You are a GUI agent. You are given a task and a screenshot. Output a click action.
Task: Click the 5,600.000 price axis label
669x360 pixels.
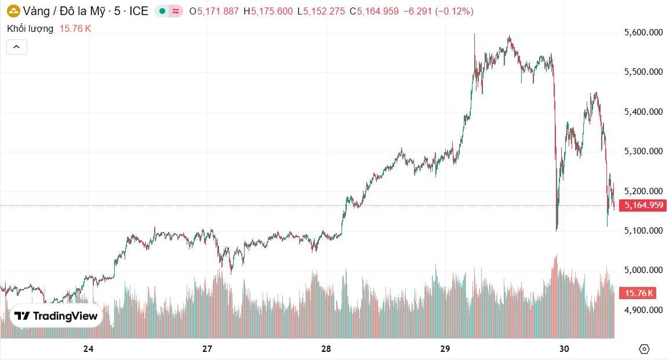(x=643, y=33)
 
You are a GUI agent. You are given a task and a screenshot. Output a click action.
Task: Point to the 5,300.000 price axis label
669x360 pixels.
(x=643, y=151)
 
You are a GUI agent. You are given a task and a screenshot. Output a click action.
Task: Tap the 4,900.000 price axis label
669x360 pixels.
(x=643, y=310)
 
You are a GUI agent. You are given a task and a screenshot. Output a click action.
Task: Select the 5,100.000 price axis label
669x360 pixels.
(x=643, y=231)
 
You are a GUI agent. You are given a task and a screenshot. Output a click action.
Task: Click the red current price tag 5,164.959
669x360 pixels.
(x=643, y=205)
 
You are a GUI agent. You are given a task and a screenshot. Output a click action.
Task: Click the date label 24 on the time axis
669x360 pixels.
(x=88, y=349)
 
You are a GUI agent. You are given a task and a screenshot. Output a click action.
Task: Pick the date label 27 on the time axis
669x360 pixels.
(x=208, y=349)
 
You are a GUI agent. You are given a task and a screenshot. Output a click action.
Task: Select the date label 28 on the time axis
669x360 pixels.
(x=326, y=349)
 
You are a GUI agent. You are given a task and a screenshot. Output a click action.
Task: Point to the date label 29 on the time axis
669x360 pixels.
(x=445, y=349)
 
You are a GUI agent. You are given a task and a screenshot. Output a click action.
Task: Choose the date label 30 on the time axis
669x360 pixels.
(x=563, y=349)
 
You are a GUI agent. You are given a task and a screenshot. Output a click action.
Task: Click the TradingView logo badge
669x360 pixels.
(x=56, y=316)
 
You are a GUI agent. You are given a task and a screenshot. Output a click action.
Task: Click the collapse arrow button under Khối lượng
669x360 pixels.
(x=17, y=47)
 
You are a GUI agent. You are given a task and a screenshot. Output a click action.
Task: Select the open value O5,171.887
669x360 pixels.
(x=214, y=11)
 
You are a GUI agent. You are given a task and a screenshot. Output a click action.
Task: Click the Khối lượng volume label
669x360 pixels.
(x=30, y=28)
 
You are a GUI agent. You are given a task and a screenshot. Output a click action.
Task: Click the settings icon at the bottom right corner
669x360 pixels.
(x=643, y=349)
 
